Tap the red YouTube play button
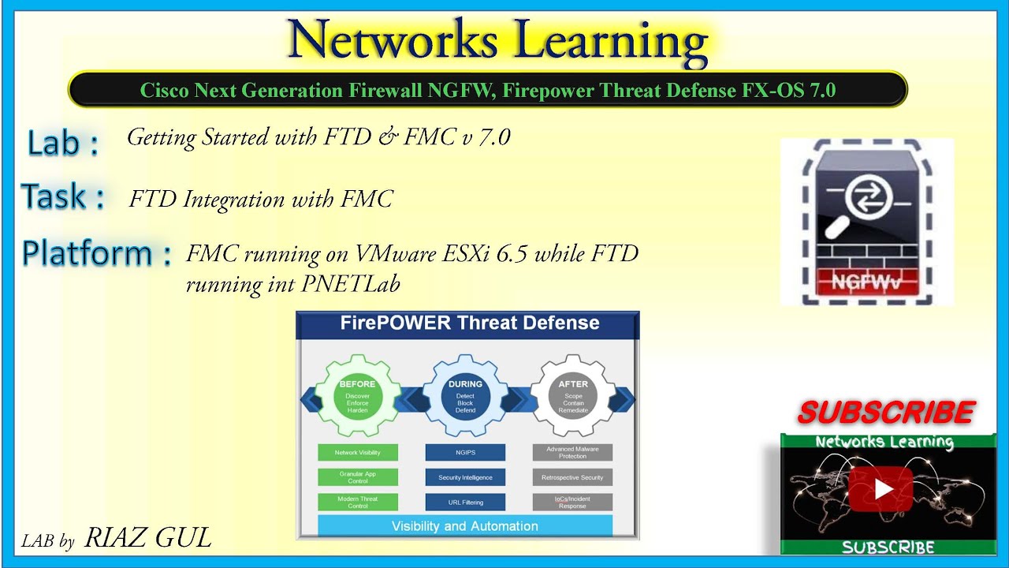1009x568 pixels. [881, 489]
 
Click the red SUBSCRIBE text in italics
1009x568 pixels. [886, 412]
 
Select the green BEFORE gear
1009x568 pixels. [357, 396]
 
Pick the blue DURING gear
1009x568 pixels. [465, 396]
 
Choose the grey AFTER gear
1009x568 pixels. [573, 396]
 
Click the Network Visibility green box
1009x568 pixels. [357, 453]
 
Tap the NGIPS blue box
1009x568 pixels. [465, 453]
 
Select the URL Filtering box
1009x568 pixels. [465, 503]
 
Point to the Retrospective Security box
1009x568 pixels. [572, 477]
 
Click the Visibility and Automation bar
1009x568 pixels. [465, 526]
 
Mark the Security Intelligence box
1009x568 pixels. [465, 477]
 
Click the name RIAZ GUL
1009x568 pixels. [147, 538]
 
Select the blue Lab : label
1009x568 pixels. [63, 143]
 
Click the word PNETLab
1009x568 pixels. [351, 283]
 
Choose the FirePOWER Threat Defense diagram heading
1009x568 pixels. [469, 323]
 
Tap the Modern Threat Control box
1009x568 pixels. [357, 503]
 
